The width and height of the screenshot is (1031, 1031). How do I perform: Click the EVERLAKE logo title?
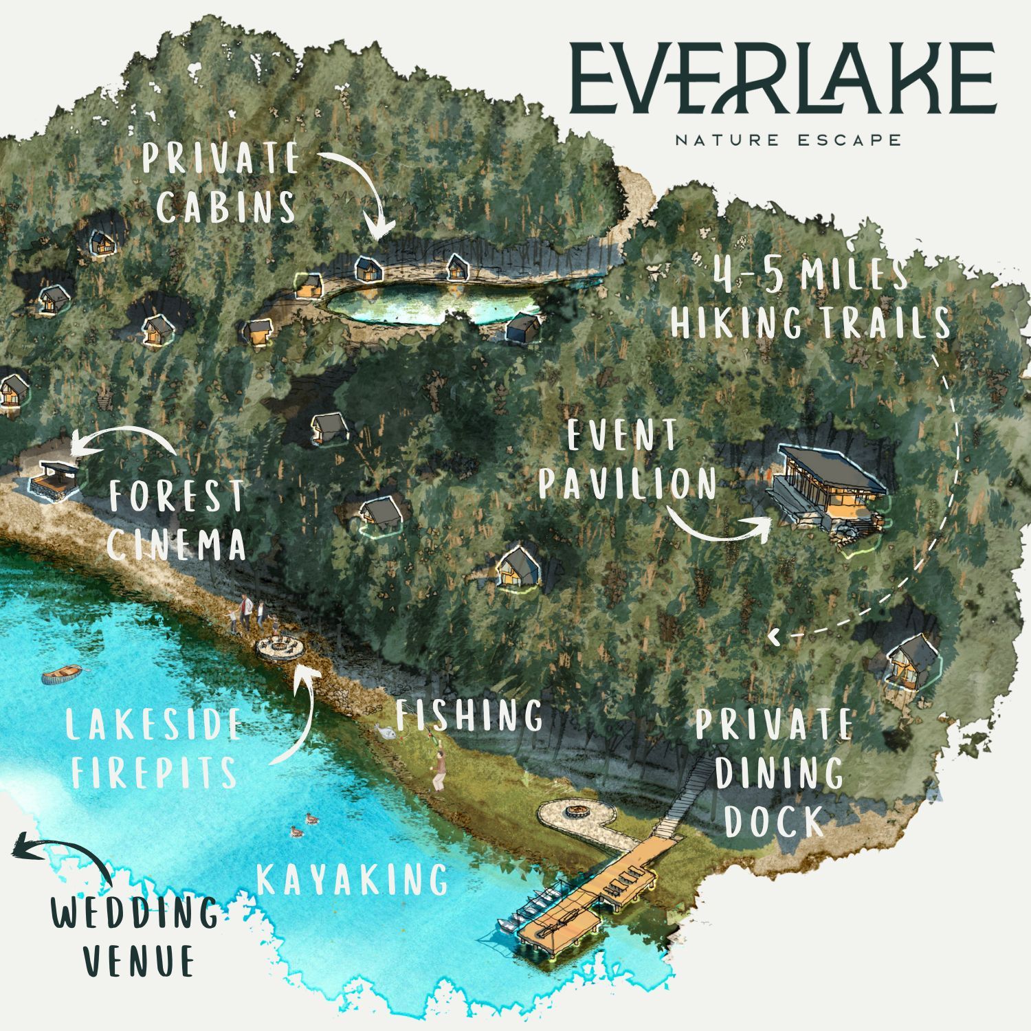(782, 79)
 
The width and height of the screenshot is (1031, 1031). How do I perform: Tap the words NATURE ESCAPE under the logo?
(788, 140)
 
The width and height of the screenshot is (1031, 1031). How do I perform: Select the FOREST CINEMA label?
(177, 520)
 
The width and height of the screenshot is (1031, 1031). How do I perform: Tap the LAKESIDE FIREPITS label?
(155, 748)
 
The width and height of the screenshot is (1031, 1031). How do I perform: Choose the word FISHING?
(469, 716)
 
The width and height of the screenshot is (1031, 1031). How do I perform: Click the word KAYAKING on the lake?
(352, 880)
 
